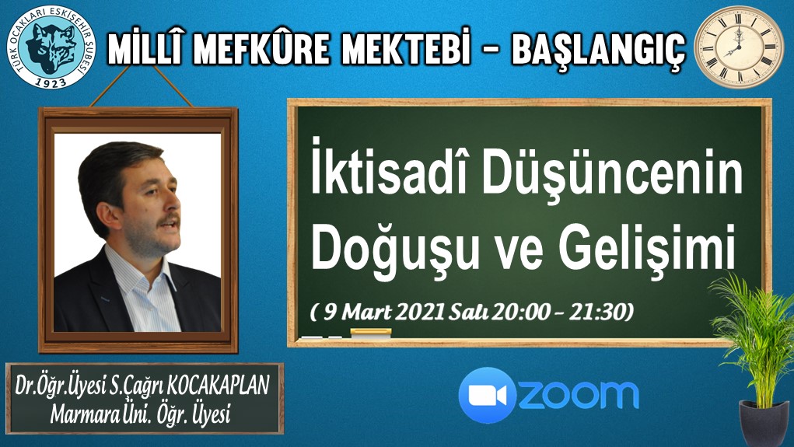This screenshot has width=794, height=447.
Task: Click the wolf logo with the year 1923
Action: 51,47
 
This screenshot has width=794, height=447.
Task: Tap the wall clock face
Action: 737,47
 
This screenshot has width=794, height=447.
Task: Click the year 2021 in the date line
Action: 420,312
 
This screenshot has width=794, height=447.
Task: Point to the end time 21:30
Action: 598,312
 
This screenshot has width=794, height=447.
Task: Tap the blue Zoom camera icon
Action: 487,396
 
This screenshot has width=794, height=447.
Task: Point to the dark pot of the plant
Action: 764,423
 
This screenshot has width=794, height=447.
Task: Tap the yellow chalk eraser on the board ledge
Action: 371,333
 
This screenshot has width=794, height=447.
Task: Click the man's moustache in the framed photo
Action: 168,221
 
